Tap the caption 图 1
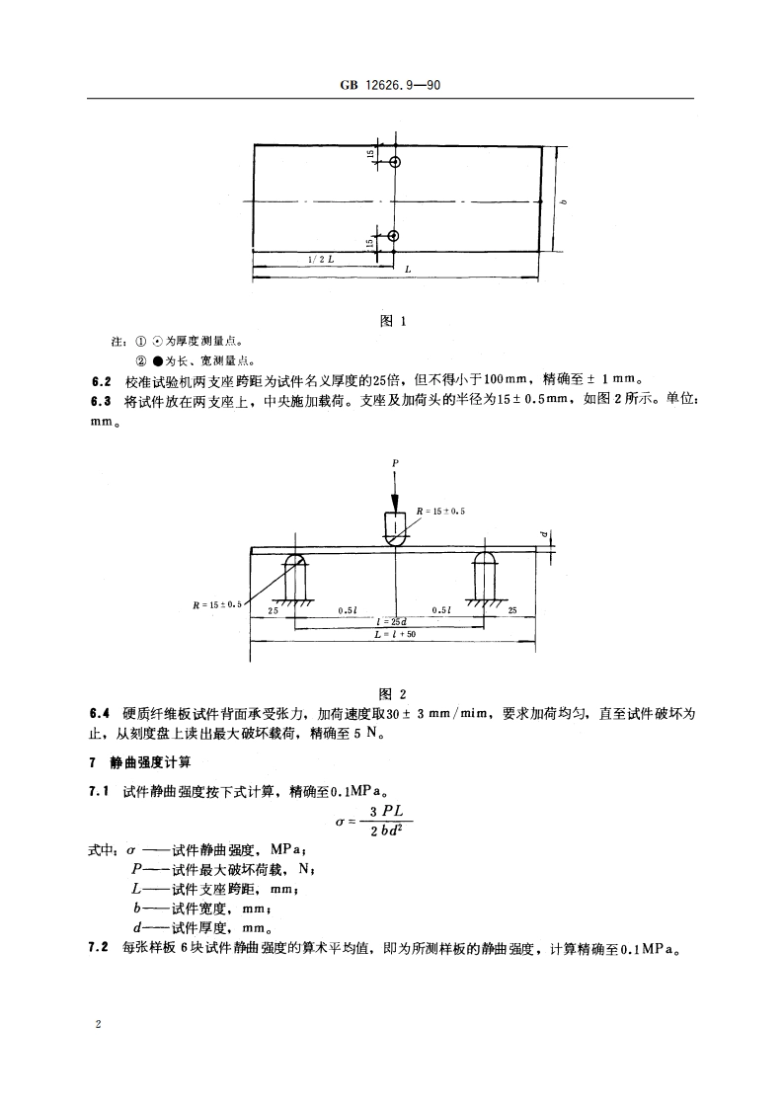click(x=393, y=321)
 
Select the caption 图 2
click(x=393, y=692)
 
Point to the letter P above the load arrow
click(x=394, y=462)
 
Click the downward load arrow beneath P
click(x=394, y=490)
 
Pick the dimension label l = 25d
click(x=393, y=620)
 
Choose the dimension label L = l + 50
click(x=396, y=634)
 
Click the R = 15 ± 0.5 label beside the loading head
click(x=441, y=510)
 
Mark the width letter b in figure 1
click(x=563, y=202)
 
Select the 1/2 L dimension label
click(x=320, y=258)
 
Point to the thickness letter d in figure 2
click(x=543, y=536)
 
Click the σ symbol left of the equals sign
click(x=342, y=823)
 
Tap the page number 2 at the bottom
click(x=98, y=1025)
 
